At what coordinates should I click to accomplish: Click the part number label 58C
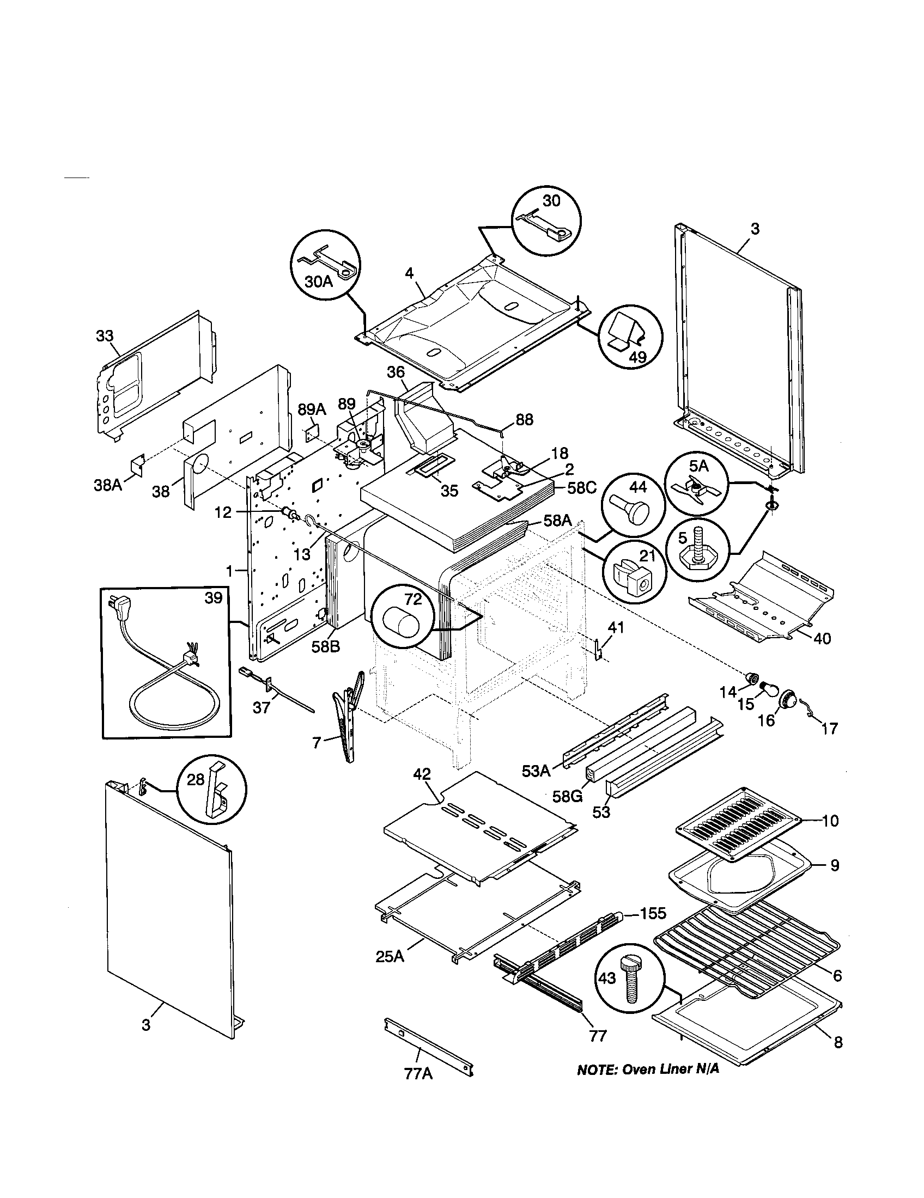581,488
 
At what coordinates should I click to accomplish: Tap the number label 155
653,913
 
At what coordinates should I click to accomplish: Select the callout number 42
422,774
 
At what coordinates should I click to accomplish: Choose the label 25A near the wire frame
390,957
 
